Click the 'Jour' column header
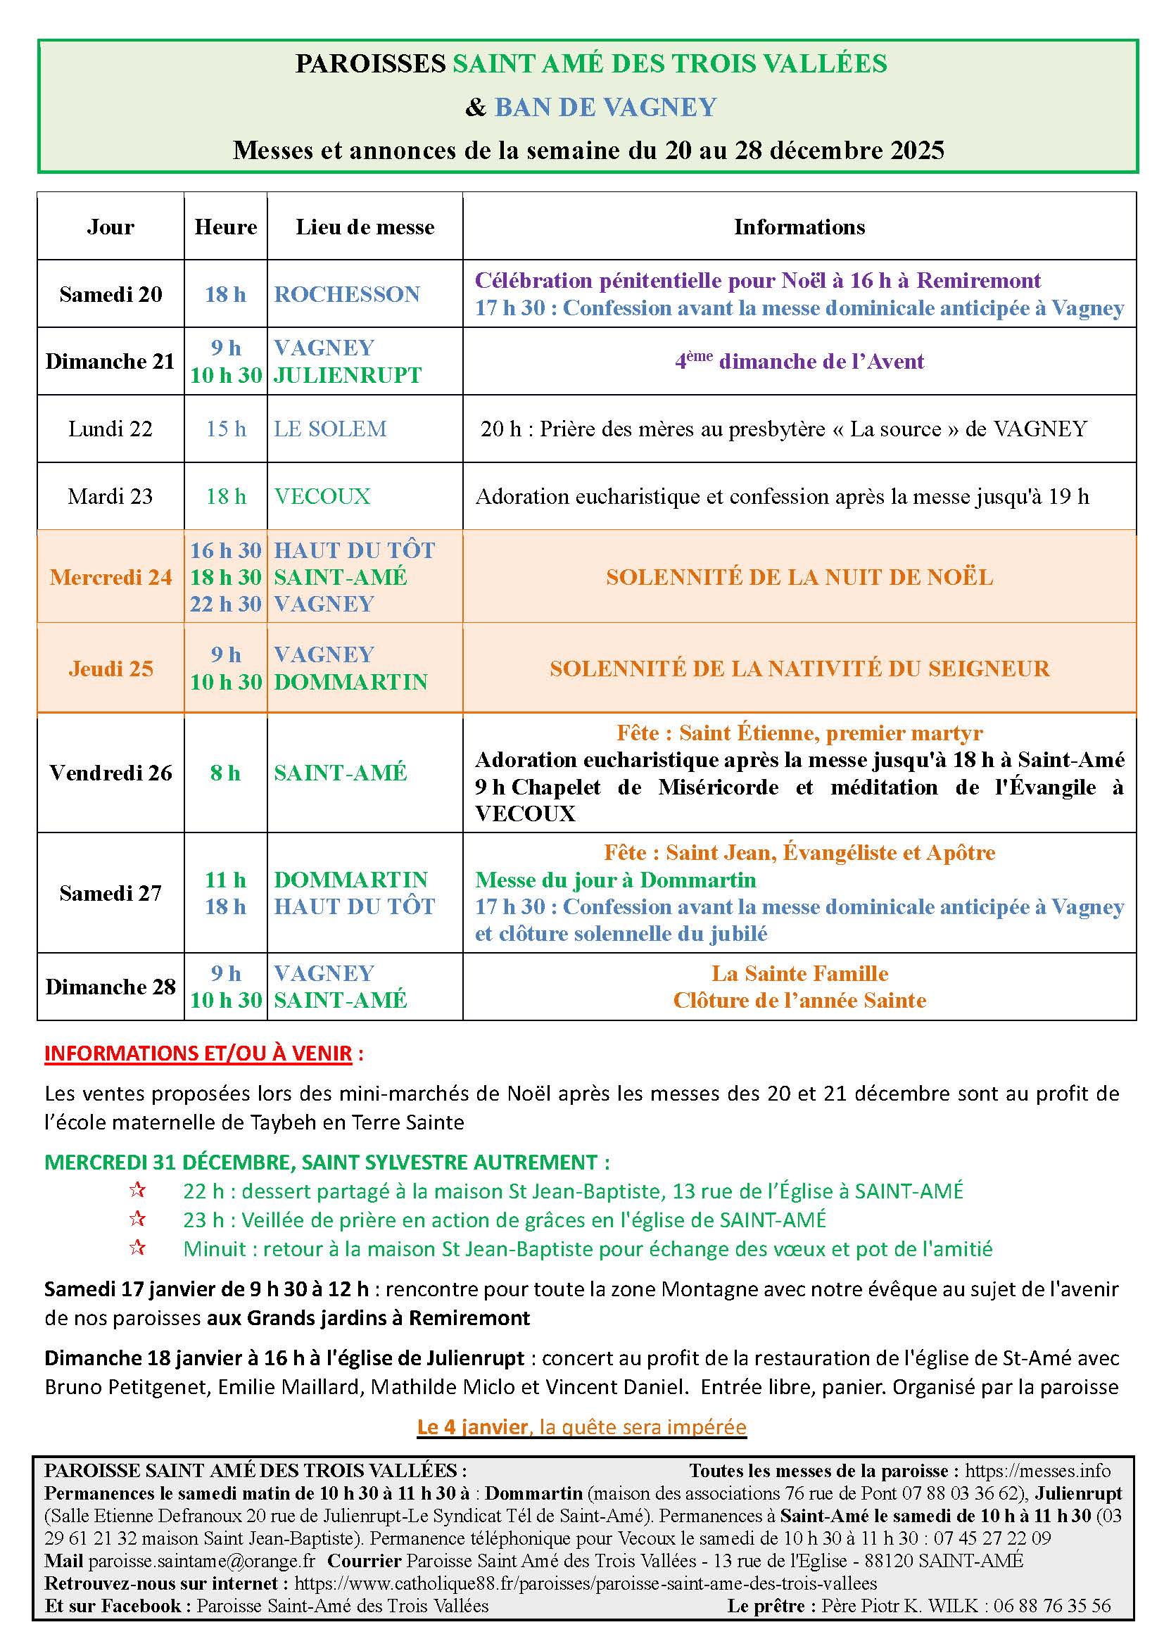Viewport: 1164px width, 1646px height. tap(110, 227)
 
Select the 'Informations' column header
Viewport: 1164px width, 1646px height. tap(799, 227)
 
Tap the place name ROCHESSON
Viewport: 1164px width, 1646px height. tap(347, 294)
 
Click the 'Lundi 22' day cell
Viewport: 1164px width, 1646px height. tap(110, 429)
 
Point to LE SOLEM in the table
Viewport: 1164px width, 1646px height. tap(331, 429)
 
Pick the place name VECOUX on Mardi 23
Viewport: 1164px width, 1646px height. tap(322, 496)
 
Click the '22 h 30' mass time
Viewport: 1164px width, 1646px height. tap(226, 604)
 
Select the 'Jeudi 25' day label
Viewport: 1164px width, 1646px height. tap(111, 669)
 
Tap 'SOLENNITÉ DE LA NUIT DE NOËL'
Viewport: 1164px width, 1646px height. tap(799, 577)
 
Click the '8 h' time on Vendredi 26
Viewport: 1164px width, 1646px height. tap(225, 773)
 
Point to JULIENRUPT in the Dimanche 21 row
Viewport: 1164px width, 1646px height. tap(348, 375)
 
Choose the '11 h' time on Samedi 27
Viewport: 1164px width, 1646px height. tap(226, 880)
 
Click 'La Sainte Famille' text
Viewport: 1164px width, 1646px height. tap(799, 973)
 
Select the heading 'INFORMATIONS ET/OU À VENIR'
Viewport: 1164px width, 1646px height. tap(198, 1053)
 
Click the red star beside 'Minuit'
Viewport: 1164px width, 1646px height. tap(137, 1248)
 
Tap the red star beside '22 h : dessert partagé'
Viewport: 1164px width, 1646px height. tap(137, 1190)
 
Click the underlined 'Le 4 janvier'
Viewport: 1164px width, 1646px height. tap(472, 1426)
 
